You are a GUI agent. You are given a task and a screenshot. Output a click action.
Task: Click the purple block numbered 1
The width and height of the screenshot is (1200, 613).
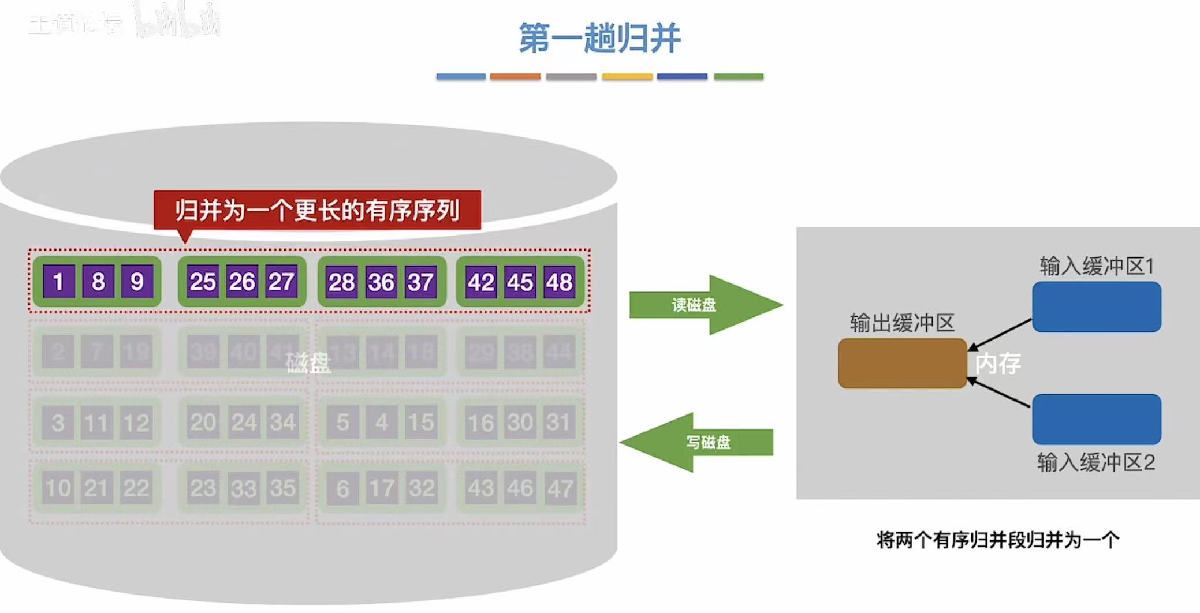point(58,282)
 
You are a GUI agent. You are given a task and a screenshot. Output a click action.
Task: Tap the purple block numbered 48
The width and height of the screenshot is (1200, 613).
point(559,282)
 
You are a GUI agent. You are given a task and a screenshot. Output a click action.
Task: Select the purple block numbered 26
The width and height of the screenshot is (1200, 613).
point(241,282)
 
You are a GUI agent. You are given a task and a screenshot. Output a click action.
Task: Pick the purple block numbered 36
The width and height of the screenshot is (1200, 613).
point(381,282)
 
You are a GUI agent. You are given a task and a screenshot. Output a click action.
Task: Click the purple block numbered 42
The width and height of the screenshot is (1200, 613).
point(481,282)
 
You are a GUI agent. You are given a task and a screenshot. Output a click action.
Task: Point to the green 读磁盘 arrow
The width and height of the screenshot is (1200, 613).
point(705,305)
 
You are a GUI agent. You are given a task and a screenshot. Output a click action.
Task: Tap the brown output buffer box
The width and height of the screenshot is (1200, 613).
point(902,363)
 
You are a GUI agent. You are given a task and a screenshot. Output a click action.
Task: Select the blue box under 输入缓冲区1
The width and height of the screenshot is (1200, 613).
point(1096,306)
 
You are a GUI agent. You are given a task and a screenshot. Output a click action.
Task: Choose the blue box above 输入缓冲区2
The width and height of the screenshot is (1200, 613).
point(1096,419)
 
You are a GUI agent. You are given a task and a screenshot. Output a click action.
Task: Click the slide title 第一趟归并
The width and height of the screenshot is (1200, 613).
point(599,38)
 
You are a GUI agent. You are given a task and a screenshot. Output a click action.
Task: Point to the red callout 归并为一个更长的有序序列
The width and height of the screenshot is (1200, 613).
point(317,210)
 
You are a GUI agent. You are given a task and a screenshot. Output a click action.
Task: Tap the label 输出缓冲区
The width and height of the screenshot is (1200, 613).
point(902,323)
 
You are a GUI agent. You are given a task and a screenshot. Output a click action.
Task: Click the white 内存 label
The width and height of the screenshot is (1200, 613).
point(998,364)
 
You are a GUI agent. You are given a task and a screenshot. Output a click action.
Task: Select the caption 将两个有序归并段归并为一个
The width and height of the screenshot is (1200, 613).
point(997,540)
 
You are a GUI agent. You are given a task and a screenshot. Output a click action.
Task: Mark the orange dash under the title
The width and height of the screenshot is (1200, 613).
point(515,76)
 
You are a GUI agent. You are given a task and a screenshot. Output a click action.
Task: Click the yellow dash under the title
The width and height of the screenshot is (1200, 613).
point(627,76)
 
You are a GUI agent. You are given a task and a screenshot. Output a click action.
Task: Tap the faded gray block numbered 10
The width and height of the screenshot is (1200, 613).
point(58,488)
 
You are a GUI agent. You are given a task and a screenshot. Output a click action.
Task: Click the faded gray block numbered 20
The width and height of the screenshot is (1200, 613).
point(203,423)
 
